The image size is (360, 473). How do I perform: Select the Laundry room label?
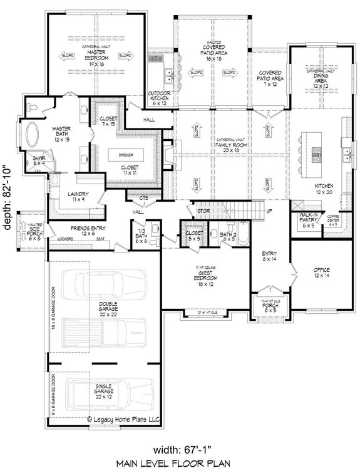(x=78, y=196)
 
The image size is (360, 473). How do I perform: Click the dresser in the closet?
(x=131, y=155)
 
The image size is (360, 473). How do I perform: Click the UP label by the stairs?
(x=269, y=211)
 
